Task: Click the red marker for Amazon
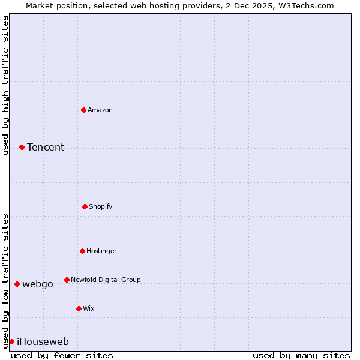coord(83,110)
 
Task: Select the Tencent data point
coord(22,147)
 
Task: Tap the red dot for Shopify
coord(85,206)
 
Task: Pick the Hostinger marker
coord(82,251)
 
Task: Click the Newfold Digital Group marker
coord(67,280)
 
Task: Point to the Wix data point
coord(79,308)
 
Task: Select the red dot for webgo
coord(17,284)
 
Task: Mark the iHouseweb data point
coord(11,341)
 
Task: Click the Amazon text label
coord(100,110)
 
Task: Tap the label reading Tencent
coord(46,147)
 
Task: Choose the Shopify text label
coord(101,206)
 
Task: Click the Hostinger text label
coord(101,251)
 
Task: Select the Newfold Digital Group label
coord(106,280)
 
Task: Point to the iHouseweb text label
coord(43,341)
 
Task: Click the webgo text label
coord(37,284)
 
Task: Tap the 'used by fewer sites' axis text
coord(62,355)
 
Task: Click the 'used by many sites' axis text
coord(301,355)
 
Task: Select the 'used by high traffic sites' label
coord(5,85)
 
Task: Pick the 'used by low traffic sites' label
coord(5,280)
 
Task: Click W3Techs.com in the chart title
coord(305,5)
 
